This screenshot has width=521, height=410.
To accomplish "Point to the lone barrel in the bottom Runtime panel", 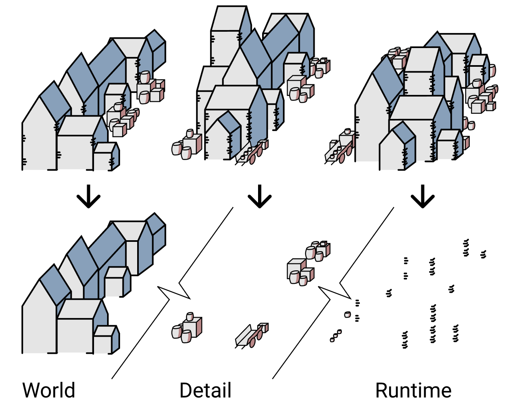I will click(x=347, y=314).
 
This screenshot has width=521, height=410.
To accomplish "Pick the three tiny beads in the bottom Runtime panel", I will click(x=335, y=335).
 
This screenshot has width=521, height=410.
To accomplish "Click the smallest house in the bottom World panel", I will click(x=105, y=339).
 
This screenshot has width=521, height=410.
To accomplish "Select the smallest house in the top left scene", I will click(x=105, y=157).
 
